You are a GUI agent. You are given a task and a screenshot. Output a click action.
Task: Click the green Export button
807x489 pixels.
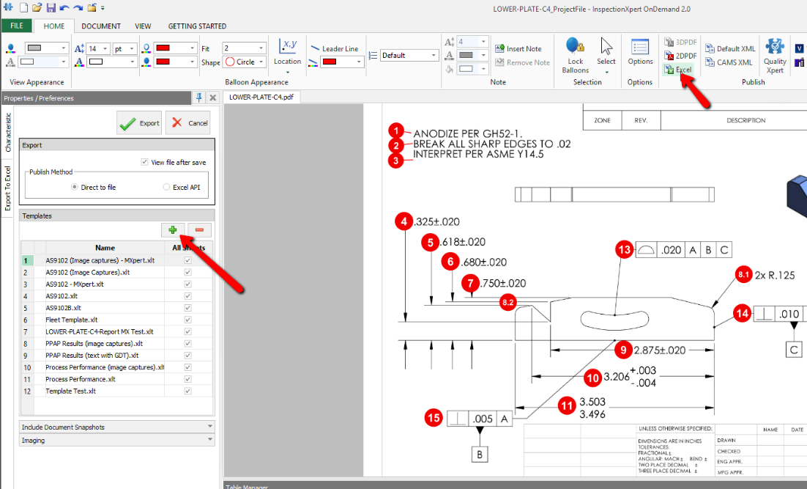tap(139, 123)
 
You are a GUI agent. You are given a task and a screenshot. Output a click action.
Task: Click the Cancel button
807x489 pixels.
tap(188, 123)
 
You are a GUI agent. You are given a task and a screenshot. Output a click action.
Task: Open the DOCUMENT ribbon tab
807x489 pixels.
tap(101, 26)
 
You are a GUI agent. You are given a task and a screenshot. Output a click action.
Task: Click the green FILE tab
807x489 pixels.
tap(16, 26)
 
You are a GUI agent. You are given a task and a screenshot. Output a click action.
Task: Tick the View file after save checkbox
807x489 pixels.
tap(144, 162)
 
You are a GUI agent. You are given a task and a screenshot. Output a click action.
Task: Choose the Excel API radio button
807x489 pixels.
tap(167, 187)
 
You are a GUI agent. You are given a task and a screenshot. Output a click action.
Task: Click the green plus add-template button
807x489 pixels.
tap(173, 230)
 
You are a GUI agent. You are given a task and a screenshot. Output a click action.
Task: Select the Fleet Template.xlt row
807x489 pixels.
tap(70, 320)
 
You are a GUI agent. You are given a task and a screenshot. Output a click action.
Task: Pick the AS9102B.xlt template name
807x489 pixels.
tap(63, 308)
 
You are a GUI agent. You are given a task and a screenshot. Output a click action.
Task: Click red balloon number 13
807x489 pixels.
tap(624, 250)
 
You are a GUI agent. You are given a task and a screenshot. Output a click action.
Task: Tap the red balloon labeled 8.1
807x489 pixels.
tap(744, 275)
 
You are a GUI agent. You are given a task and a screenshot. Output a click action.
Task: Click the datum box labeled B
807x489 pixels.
tap(480, 455)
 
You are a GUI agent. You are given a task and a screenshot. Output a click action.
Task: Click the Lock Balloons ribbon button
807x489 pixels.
tap(576, 56)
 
